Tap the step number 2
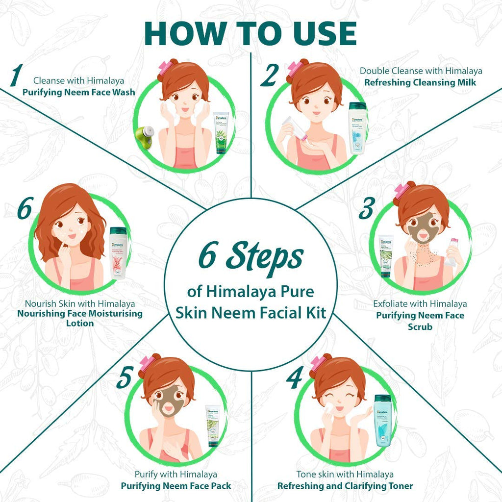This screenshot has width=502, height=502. coord(269,76)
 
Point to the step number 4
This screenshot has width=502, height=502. coord(294,378)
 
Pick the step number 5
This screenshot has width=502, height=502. coord(125,378)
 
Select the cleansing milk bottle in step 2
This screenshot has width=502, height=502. coord(357,128)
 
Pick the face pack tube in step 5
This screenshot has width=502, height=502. coord(213,425)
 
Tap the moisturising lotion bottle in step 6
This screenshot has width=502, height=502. coord(118,252)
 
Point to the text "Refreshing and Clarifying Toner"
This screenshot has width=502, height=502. coord(345,486)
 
